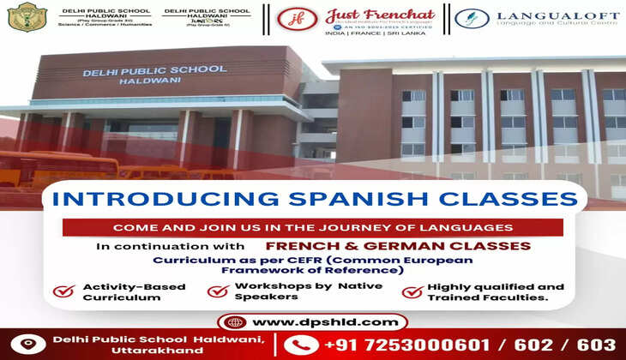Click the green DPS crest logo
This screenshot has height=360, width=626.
27,17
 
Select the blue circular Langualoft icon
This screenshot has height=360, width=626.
472,18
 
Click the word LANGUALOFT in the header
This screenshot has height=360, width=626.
546,15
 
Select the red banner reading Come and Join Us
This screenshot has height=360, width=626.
313,228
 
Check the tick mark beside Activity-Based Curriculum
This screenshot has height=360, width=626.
63,291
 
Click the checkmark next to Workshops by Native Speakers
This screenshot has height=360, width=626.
218,291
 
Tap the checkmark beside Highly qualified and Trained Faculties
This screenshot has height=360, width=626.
412,291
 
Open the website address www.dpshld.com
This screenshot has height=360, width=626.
325,322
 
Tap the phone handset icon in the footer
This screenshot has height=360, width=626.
299,345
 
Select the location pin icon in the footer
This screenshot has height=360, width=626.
28,345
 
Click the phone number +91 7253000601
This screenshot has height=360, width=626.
410,345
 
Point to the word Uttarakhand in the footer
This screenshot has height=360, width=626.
93,351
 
